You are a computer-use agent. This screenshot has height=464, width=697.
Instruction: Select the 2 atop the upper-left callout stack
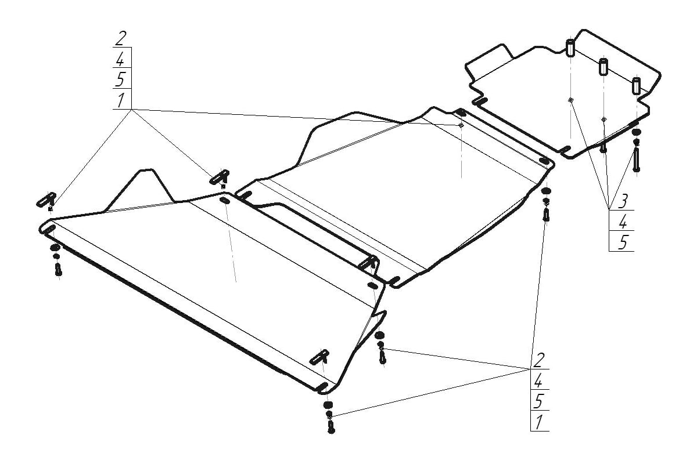[x=121, y=39]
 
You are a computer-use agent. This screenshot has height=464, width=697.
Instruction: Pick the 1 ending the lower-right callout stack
[x=538, y=422]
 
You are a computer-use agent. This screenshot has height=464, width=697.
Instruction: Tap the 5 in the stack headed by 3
[x=622, y=242]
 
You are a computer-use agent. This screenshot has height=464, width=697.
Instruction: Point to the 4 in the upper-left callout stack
[x=120, y=60]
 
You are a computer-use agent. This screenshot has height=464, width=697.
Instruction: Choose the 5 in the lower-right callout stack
[x=538, y=401]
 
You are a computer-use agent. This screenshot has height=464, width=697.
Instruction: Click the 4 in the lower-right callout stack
[x=538, y=381]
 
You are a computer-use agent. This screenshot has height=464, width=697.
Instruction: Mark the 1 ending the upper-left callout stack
[x=120, y=100]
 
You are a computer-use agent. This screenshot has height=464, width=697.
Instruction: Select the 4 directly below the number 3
[x=622, y=222]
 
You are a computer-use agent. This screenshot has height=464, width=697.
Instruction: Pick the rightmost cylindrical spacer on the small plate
[x=637, y=85]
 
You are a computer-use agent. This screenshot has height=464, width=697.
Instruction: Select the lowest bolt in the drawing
[x=331, y=426]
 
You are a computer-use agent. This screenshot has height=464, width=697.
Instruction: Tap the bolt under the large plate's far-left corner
[x=58, y=269]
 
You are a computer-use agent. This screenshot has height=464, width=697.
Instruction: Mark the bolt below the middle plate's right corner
[x=547, y=215]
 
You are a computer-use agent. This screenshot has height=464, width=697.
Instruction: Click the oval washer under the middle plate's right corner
[x=547, y=191]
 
